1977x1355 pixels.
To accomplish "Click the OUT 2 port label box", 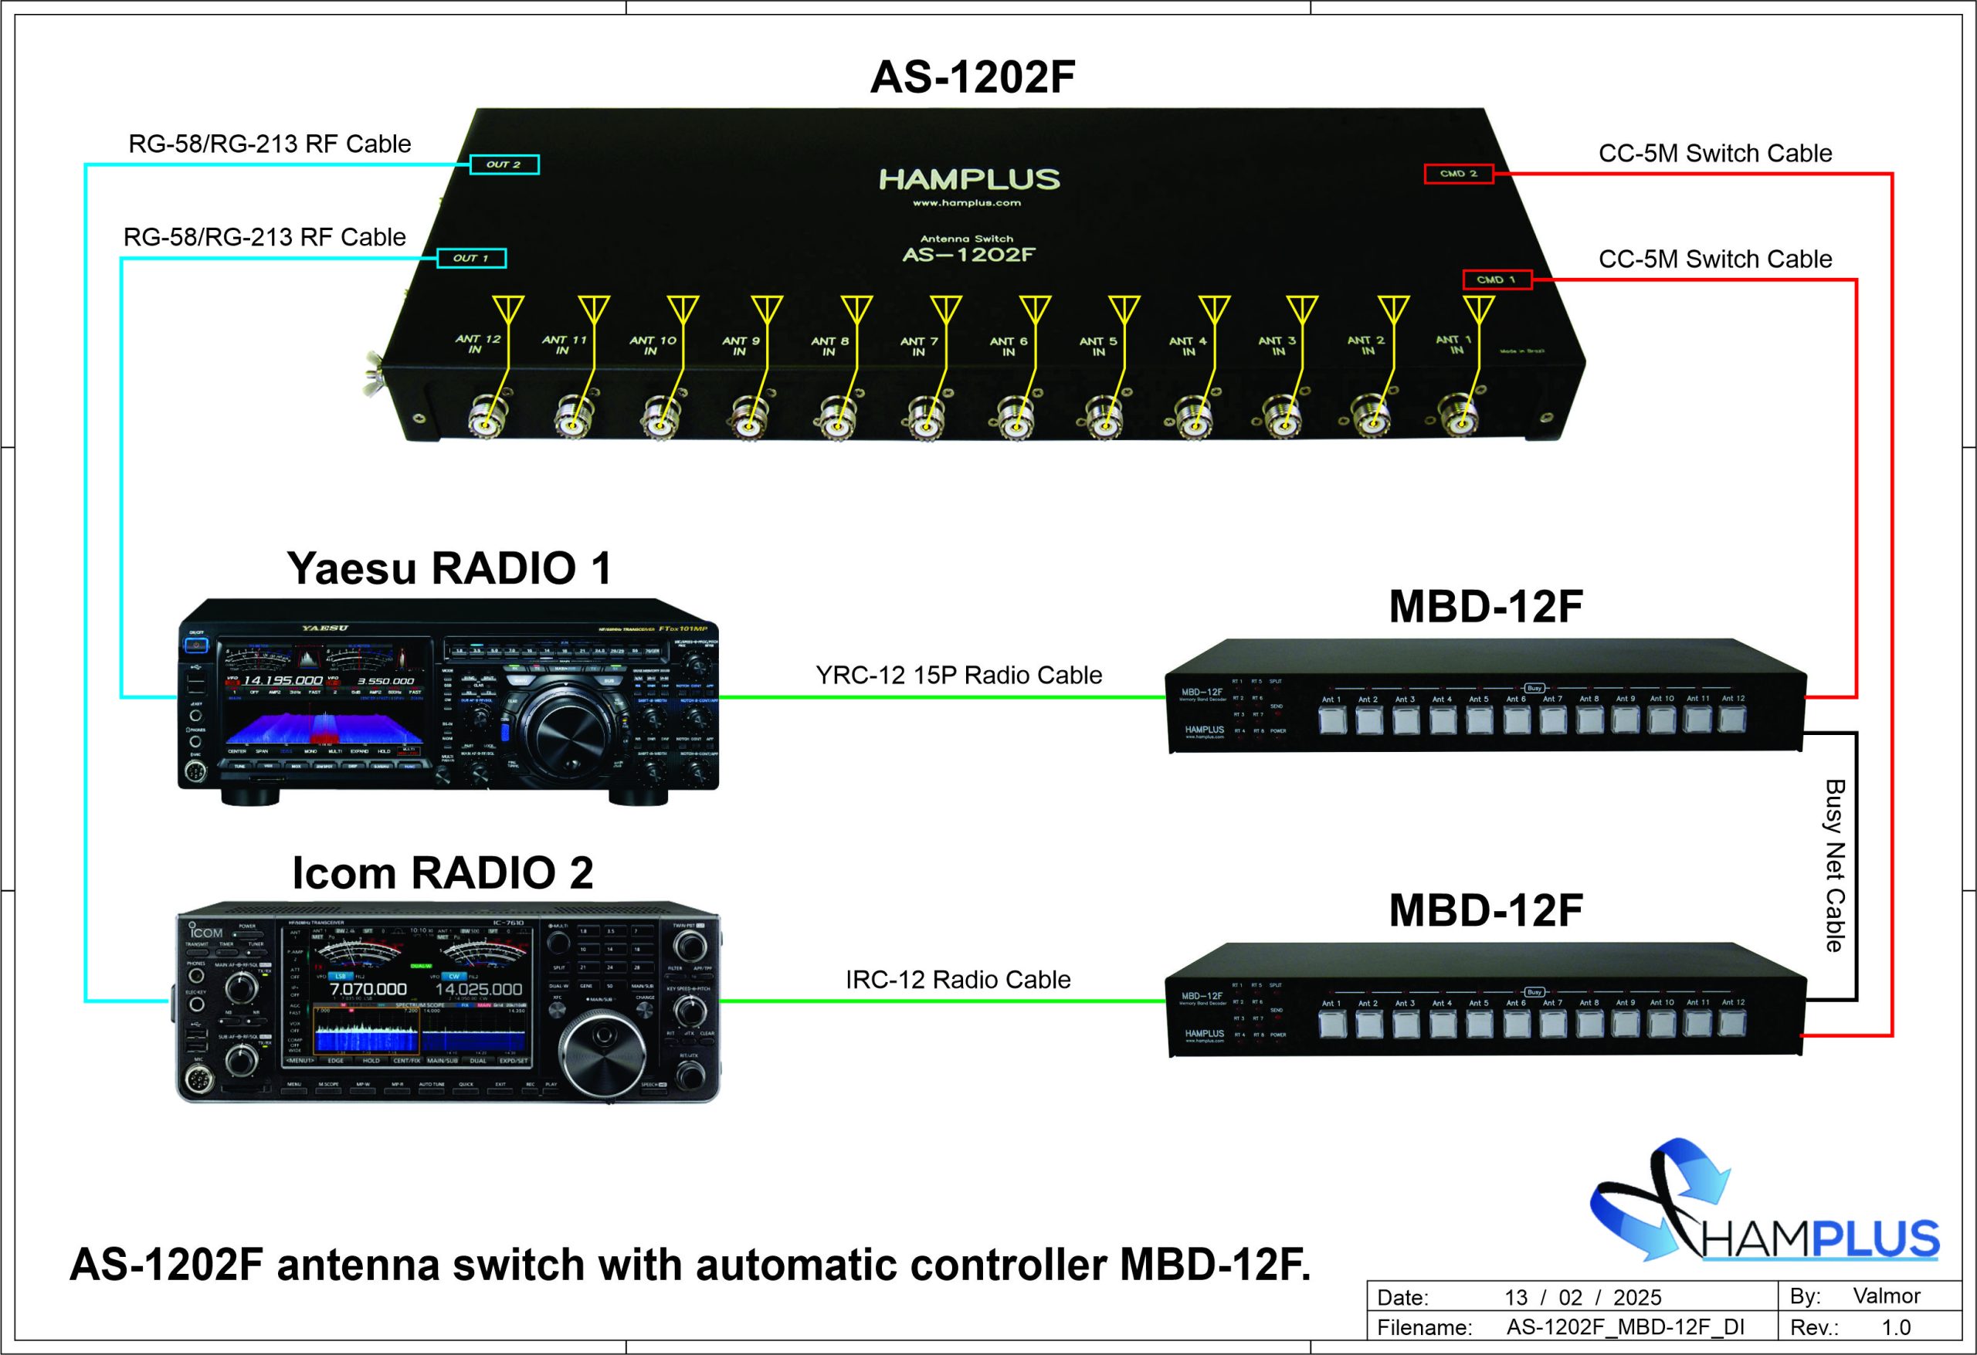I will pos(504,164).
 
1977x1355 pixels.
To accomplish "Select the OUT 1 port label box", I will pos(471,258).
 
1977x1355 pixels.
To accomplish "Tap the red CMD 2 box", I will pos(1458,174).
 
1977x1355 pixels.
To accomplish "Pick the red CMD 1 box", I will pos(1497,279).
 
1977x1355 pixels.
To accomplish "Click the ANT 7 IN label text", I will pos(919,346).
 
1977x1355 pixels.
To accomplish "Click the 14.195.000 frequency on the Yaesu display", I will pos(283,680).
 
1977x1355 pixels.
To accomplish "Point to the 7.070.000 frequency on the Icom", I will pos(368,989).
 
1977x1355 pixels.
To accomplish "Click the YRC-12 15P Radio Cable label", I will pos(958,675).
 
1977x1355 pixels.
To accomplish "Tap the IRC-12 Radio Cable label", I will pos(958,979).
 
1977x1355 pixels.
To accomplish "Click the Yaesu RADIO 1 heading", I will pos(449,568).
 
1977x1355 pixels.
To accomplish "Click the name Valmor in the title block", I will pos(1887,1296).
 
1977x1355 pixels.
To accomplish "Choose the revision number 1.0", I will pos(1896,1327).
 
